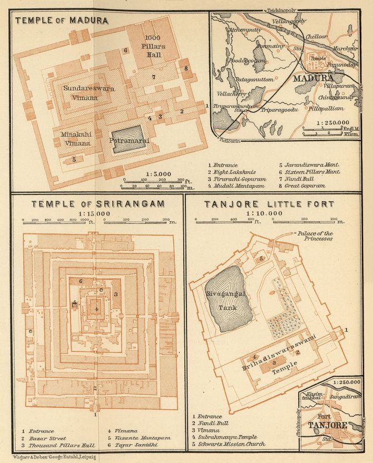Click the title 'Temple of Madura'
(x=62, y=21)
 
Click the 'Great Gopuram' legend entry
(x=304, y=187)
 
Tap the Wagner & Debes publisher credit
(x=48, y=455)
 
